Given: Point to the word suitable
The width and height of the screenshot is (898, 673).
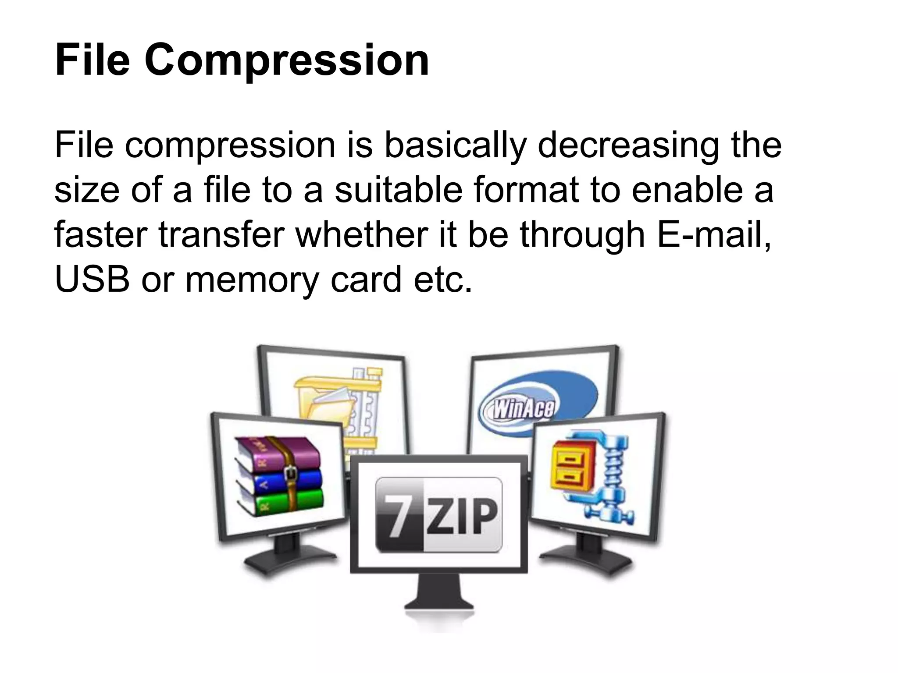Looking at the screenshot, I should tap(399, 190).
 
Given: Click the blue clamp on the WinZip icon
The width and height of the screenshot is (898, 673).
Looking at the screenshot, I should tap(614, 478).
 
